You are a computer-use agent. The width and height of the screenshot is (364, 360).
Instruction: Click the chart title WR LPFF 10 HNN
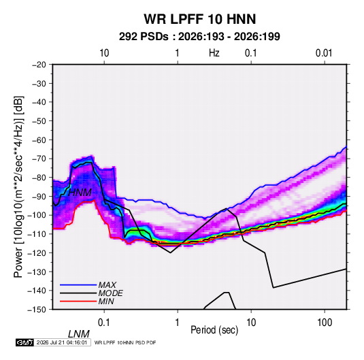click(200, 19)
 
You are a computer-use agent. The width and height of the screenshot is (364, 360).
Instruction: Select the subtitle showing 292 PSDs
click(199, 37)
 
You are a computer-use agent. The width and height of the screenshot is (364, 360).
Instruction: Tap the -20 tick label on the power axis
click(39, 65)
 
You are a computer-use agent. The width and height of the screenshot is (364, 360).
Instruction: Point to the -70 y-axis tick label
click(39, 159)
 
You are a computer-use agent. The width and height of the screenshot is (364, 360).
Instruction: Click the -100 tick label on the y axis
click(37, 215)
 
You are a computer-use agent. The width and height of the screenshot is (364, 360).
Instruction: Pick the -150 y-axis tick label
click(37, 310)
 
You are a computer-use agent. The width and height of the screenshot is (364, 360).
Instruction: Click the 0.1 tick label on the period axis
click(103, 323)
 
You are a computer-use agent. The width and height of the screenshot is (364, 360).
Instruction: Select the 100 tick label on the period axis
click(325, 323)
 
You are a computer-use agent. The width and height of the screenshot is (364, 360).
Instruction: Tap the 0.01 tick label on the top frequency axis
click(324, 53)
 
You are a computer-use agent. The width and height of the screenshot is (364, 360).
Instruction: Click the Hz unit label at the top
click(214, 53)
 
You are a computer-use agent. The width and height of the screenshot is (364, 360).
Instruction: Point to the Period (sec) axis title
click(214, 330)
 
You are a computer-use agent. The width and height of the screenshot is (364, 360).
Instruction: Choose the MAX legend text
click(107, 285)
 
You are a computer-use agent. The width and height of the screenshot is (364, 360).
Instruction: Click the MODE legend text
click(110, 293)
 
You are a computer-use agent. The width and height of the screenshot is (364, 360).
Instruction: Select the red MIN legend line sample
click(78, 301)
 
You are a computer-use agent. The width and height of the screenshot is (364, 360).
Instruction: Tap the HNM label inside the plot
click(80, 193)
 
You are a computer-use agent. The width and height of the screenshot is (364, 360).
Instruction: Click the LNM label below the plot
click(78, 334)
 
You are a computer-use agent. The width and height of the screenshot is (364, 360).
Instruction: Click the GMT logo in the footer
click(24, 342)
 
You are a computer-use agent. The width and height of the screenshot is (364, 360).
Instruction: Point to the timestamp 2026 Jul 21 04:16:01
click(62, 342)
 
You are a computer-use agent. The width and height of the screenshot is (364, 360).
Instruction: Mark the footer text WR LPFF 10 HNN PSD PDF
click(125, 342)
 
